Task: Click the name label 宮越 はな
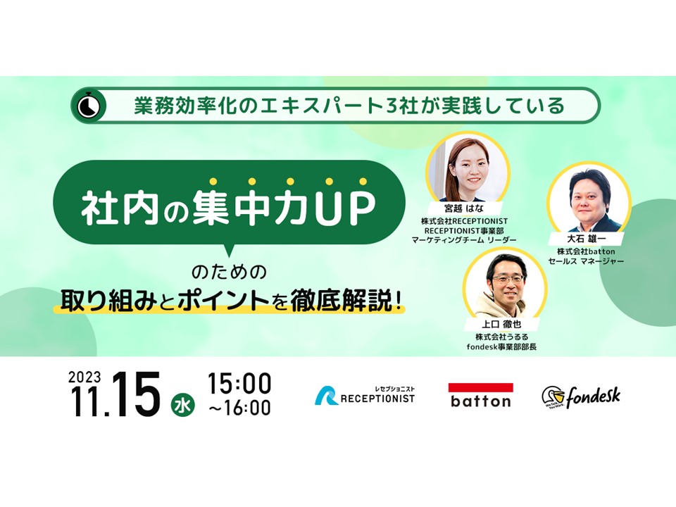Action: click(x=464, y=208)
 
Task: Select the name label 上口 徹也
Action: click(x=501, y=324)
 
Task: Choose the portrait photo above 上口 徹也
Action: click(x=505, y=285)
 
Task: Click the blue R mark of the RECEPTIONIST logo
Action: click(x=326, y=396)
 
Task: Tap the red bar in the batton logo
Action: click(x=481, y=387)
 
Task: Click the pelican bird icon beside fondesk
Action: click(x=553, y=397)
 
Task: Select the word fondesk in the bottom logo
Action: click(x=593, y=396)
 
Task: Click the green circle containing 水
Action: click(x=183, y=406)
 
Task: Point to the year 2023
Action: click(x=84, y=377)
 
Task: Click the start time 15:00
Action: click(x=239, y=383)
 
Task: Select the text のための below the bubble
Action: click(x=230, y=272)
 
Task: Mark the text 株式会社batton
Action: click(x=586, y=251)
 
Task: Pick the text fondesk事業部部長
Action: click(x=501, y=346)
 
